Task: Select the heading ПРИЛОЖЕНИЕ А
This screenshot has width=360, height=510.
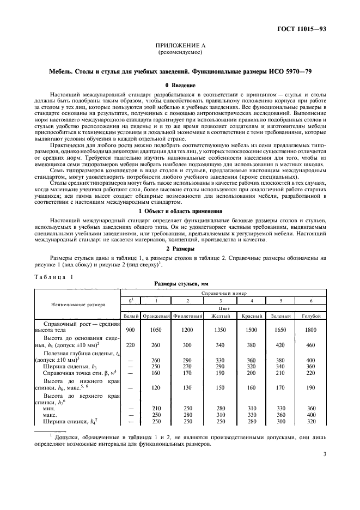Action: click(x=180, y=47)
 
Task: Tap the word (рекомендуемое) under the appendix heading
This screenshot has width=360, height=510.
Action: click(x=180, y=53)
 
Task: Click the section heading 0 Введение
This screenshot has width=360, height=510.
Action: click(x=180, y=85)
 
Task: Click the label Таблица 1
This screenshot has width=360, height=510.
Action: click(x=54, y=277)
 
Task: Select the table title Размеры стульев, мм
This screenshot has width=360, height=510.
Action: click(x=180, y=284)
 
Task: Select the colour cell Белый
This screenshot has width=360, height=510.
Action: click(x=130, y=316)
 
